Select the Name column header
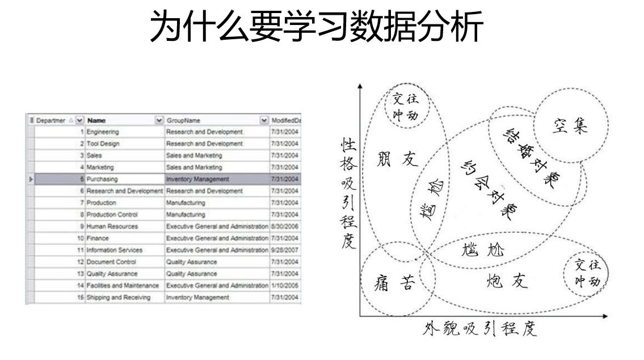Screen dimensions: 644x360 [x=96, y=120]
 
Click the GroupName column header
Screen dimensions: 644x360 [x=183, y=120]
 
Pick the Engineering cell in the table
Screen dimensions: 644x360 [x=103, y=132]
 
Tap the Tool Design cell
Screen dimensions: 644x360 [x=103, y=144]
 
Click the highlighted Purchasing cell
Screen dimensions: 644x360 [x=102, y=179]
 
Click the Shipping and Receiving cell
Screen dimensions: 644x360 [x=118, y=298]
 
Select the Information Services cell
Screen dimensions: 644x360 [x=115, y=250]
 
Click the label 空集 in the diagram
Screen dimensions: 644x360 [x=571, y=125]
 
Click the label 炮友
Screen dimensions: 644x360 [x=507, y=281]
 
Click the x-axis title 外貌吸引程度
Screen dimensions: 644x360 [x=479, y=329]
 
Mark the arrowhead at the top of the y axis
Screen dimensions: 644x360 [x=360, y=87]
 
